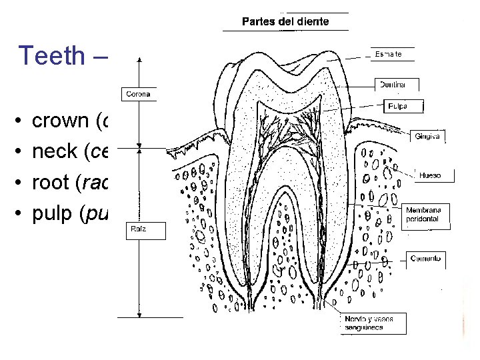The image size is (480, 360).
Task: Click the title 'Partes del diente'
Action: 285,21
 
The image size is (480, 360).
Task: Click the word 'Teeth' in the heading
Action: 52,55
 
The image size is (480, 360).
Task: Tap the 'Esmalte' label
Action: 389,54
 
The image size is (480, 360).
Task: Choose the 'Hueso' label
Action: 431,175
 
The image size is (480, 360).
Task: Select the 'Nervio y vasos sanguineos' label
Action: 369,323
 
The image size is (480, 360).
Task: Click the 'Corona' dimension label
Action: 137,94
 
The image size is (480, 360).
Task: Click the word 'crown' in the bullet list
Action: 61,121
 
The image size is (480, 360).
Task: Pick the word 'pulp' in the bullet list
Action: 53,213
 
